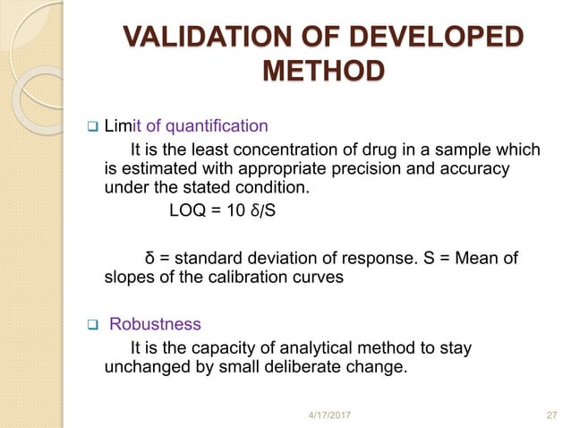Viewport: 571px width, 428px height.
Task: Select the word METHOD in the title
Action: pyautogui.click(x=321, y=71)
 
